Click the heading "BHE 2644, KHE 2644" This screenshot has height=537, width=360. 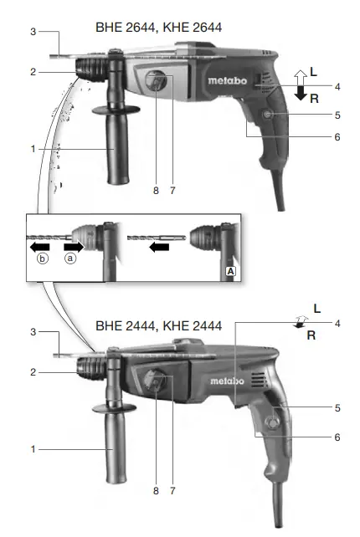(158, 28)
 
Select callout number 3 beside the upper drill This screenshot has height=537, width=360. (33, 32)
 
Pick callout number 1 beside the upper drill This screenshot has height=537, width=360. (33, 149)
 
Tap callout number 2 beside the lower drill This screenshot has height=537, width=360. (33, 371)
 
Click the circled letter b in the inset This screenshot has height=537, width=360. (43, 260)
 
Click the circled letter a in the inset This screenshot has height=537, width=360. (70, 260)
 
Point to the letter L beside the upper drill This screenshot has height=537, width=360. (313, 73)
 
